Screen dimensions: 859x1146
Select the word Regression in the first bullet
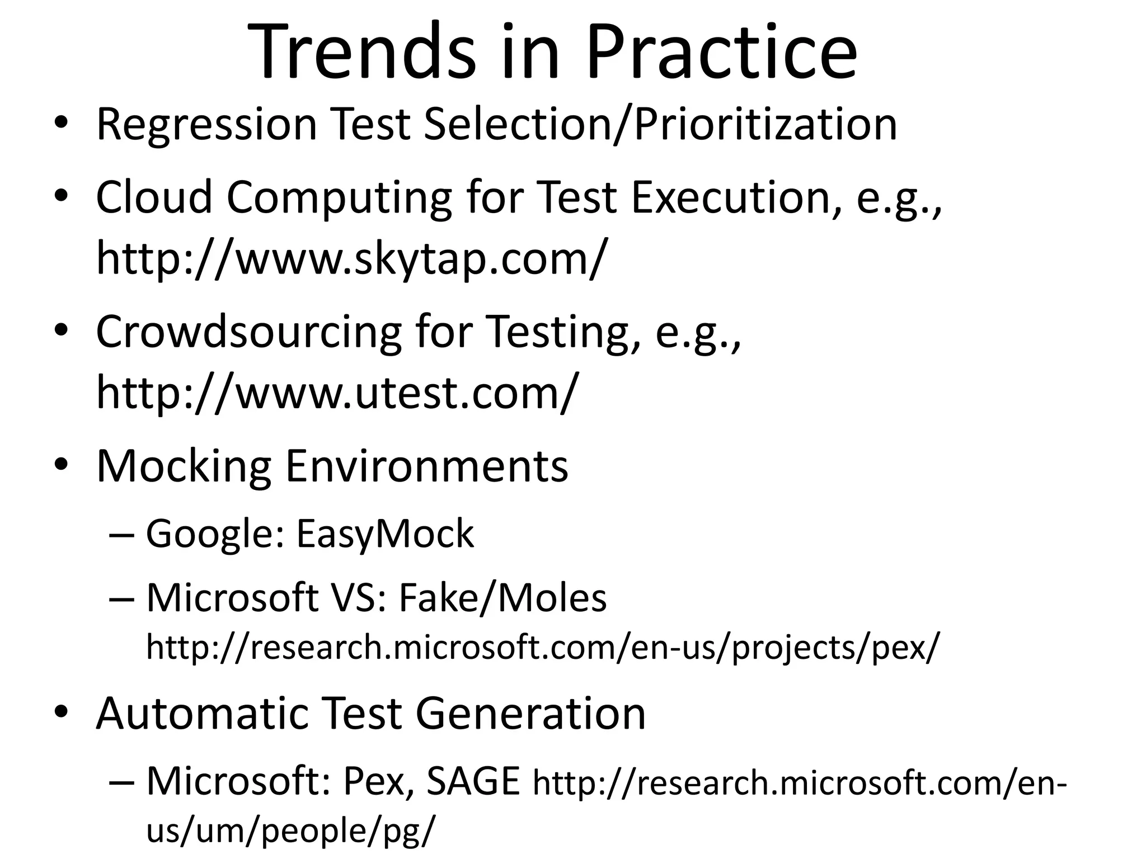pos(206,124)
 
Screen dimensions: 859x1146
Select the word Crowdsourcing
pos(248,332)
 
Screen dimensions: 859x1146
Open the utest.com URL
pos(336,393)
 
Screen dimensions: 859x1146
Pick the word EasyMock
pos(385,534)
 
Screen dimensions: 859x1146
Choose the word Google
pos(216,534)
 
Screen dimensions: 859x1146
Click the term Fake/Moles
pos(502,598)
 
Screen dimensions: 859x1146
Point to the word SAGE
pos(473,781)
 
